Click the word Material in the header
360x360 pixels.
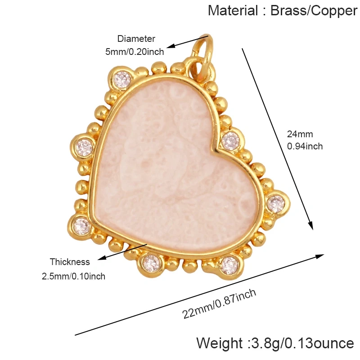(x=233, y=10)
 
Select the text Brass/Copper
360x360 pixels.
(x=314, y=11)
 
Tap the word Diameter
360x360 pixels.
(x=136, y=39)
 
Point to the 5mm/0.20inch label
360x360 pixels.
(x=135, y=52)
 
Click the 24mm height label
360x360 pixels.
(x=300, y=134)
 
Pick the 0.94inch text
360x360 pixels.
(x=305, y=146)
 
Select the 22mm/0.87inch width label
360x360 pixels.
(x=219, y=304)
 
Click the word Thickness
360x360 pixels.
(x=70, y=262)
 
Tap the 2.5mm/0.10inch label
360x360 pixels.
(x=73, y=276)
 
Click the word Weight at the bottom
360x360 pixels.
(x=219, y=343)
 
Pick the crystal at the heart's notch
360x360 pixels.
(x=230, y=141)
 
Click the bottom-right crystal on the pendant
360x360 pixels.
(x=229, y=266)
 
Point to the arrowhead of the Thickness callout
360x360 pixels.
(x=102, y=258)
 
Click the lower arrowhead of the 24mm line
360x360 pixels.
(x=310, y=225)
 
